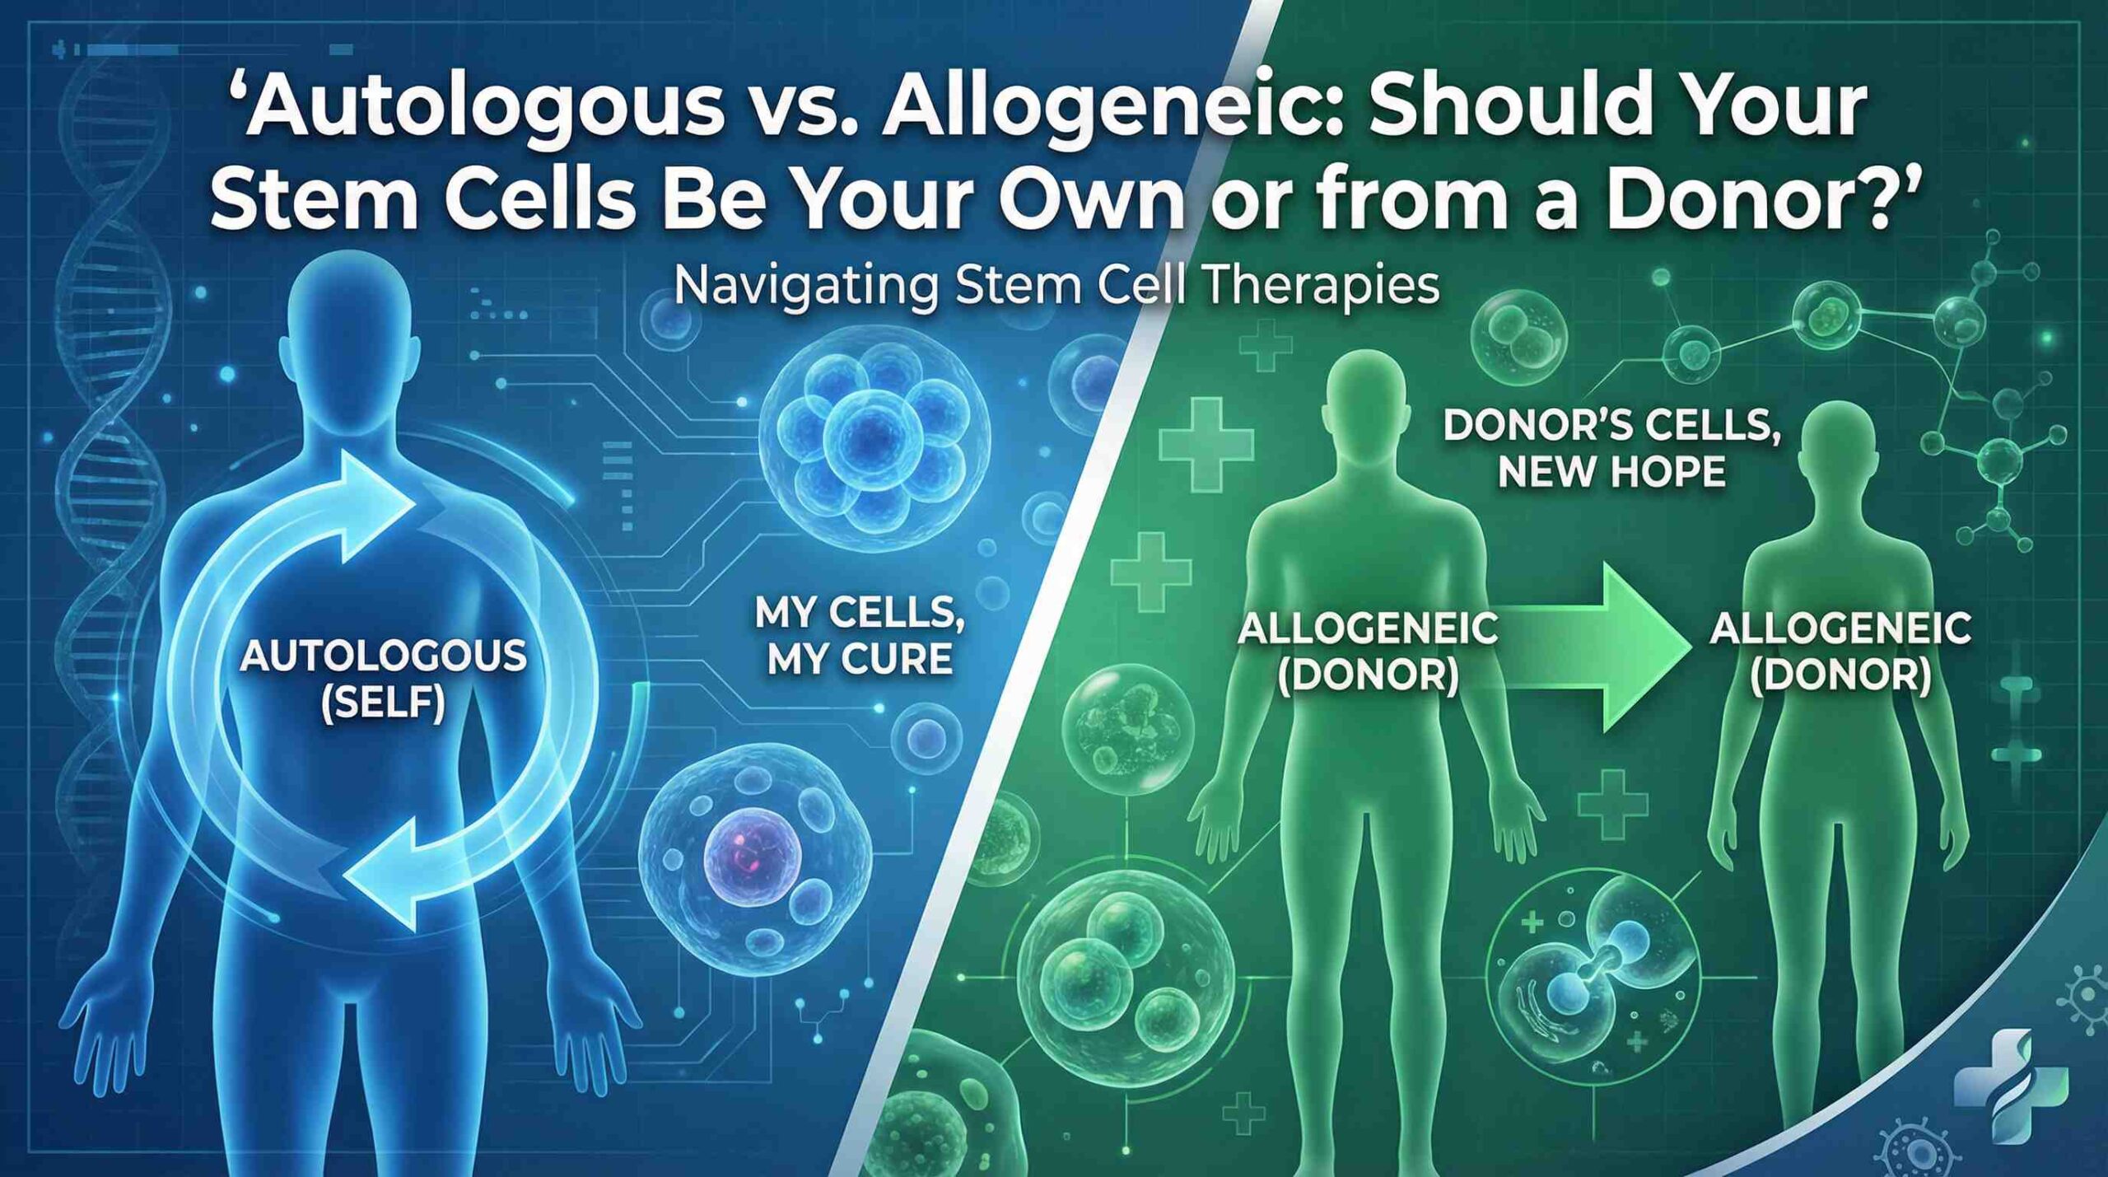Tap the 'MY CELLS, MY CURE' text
tap(860, 638)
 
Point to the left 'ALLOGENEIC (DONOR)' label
tap(1368, 651)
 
